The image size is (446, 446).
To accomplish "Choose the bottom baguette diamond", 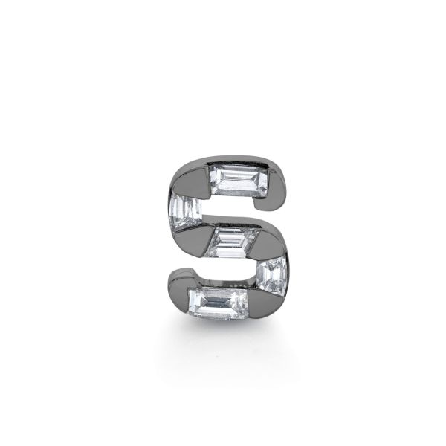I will tap(218, 300).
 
